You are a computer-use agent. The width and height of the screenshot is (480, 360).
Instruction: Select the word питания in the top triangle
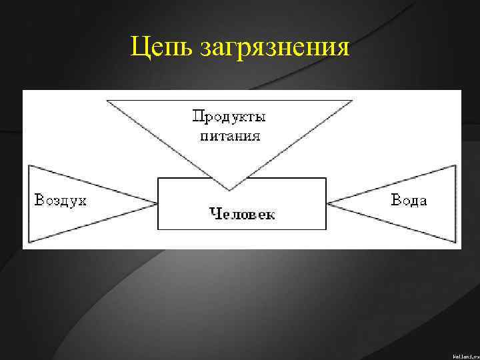(x=229, y=136)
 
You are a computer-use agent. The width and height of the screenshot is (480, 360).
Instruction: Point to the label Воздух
(x=61, y=200)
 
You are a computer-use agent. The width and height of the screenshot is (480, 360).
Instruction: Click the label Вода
(x=409, y=200)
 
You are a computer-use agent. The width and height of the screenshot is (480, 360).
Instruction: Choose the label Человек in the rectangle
(x=242, y=213)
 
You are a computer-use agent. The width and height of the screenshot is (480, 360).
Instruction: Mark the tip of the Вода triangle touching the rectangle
(x=327, y=202)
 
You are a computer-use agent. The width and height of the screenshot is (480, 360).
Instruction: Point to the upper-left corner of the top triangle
(x=107, y=100)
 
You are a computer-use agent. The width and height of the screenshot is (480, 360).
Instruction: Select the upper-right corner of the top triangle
(x=352, y=100)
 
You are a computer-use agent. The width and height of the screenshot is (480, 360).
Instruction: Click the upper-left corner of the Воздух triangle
(x=29, y=165)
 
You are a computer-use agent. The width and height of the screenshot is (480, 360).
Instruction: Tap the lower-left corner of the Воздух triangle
(x=29, y=241)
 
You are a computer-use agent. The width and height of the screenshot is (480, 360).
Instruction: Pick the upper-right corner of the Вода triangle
(x=457, y=165)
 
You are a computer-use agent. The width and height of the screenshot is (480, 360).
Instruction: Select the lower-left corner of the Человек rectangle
(x=158, y=229)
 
